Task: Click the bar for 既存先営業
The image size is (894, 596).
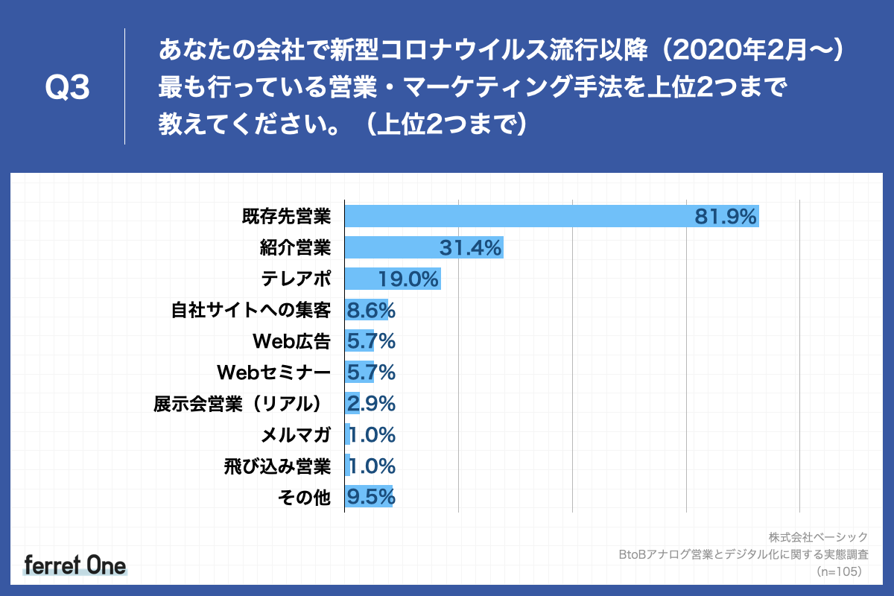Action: coord(551,216)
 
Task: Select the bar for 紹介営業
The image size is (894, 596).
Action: coord(424,247)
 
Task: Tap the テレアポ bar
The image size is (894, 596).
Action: coord(393,279)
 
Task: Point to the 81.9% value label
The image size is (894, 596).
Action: coord(726,217)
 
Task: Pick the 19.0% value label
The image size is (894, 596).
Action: coord(408,279)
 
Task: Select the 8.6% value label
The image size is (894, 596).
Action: coord(370,311)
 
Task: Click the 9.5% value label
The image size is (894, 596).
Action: coord(370,497)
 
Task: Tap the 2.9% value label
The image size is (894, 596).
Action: coord(370,404)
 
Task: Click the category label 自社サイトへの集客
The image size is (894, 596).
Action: coord(251,311)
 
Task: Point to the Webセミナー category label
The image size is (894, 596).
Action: coord(273,372)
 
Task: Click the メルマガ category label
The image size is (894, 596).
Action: coord(296,435)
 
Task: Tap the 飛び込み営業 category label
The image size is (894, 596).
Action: coord(277,466)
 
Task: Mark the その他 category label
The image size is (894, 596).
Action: coord(303,498)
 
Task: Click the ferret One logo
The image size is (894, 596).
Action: coord(75,565)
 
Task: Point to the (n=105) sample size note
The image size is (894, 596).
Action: coord(839,571)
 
